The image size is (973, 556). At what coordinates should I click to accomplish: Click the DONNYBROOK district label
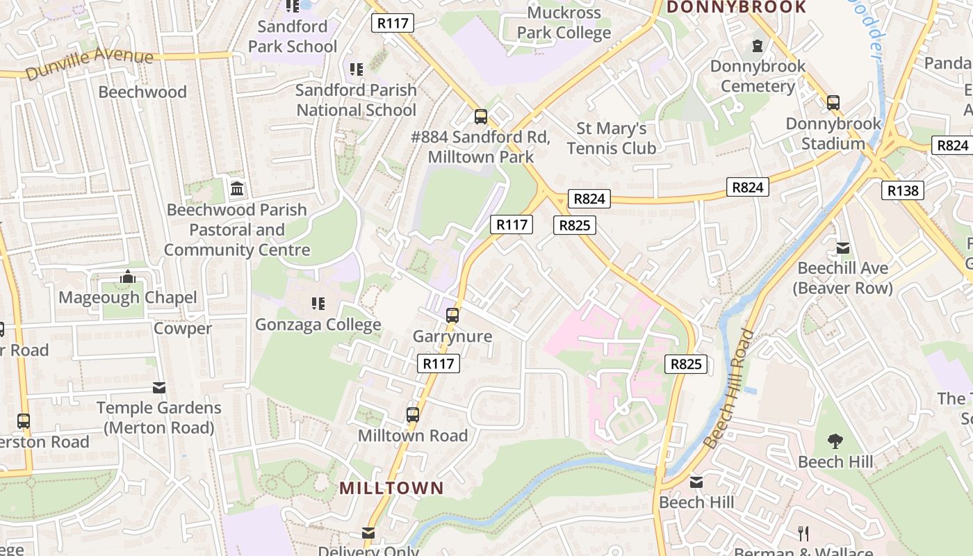[x=737, y=8]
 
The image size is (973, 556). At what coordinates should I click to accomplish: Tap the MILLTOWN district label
[x=391, y=488]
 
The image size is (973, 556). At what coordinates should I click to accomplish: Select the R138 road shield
[x=903, y=190]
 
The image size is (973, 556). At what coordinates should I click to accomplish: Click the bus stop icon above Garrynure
[x=452, y=316]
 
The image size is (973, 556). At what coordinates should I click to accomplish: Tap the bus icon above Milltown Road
[x=413, y=415]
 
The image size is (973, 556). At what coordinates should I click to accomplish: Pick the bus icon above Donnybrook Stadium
[x=833, y=103]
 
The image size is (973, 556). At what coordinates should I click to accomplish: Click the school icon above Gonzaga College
[x=318, y=303]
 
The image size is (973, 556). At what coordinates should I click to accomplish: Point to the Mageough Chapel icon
[x=127, y=277]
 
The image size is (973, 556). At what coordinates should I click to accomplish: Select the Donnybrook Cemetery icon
[x=758, y=46]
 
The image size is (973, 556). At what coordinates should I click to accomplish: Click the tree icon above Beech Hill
[x=835, y=441]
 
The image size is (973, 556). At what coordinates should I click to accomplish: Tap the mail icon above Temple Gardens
[x=159, y=388]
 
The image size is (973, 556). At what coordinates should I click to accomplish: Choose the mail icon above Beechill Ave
[x=843, y=247]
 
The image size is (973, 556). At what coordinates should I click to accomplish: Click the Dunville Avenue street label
[x=88, y=63]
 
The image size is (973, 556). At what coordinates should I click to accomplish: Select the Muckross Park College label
[x=564, y=22]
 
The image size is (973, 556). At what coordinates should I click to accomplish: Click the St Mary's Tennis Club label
[x=611, y=138]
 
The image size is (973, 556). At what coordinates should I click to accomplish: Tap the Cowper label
[x=182, y=329]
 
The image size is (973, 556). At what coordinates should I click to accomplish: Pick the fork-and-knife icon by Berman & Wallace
[x=803, y=533]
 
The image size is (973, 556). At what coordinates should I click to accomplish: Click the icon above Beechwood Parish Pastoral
[x=237, y=188]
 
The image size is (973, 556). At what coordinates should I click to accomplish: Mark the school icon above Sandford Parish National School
[x=356, y=69]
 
